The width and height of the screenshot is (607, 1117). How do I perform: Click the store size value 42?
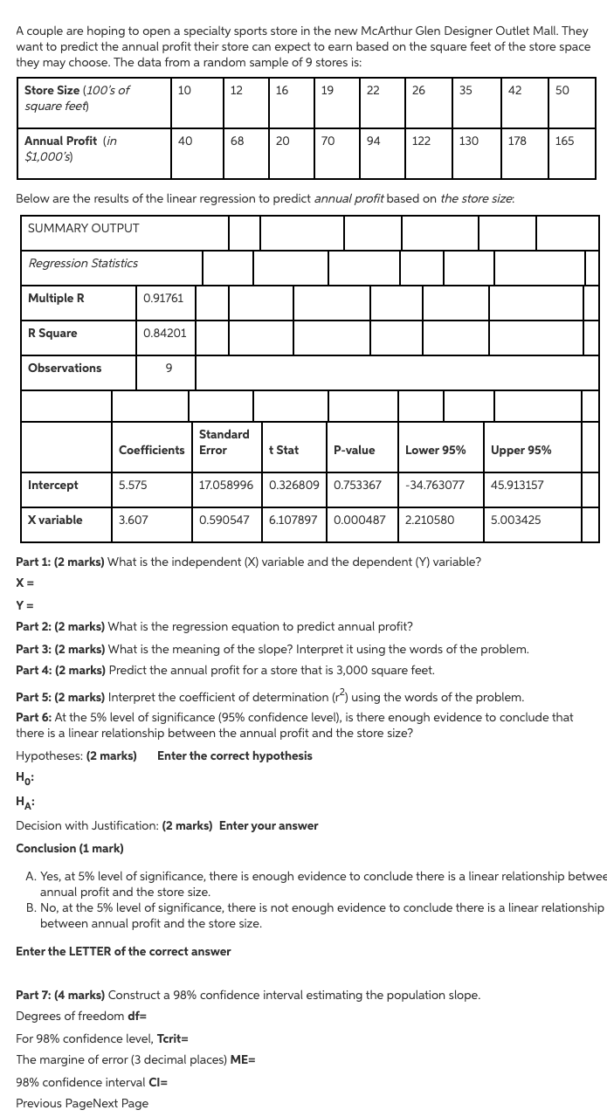tap(514, 91)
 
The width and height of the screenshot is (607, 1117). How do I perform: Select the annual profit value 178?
tap(517, 141)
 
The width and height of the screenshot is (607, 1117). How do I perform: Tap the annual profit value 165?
tap(564, 141)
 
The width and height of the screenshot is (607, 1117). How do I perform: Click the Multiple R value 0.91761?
tap(163, 299)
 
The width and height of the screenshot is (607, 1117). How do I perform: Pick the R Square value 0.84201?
tap(164, 334)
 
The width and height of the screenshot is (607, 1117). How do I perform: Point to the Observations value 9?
tap(169, 369)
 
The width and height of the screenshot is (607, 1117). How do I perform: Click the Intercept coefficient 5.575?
tap(133, 486)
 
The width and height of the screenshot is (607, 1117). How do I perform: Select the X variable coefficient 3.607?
tap(133, 520)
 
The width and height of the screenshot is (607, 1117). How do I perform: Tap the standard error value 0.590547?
tap(224, 520)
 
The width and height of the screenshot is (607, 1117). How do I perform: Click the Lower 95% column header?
tap(435, 451)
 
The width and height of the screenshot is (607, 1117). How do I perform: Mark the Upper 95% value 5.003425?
tap(515, 520)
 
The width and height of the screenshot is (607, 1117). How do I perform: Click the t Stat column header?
tap(284, 451)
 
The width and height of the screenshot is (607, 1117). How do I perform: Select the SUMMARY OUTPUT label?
tap(84, 229)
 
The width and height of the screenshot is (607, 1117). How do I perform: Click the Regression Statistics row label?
tap(83, 264)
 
